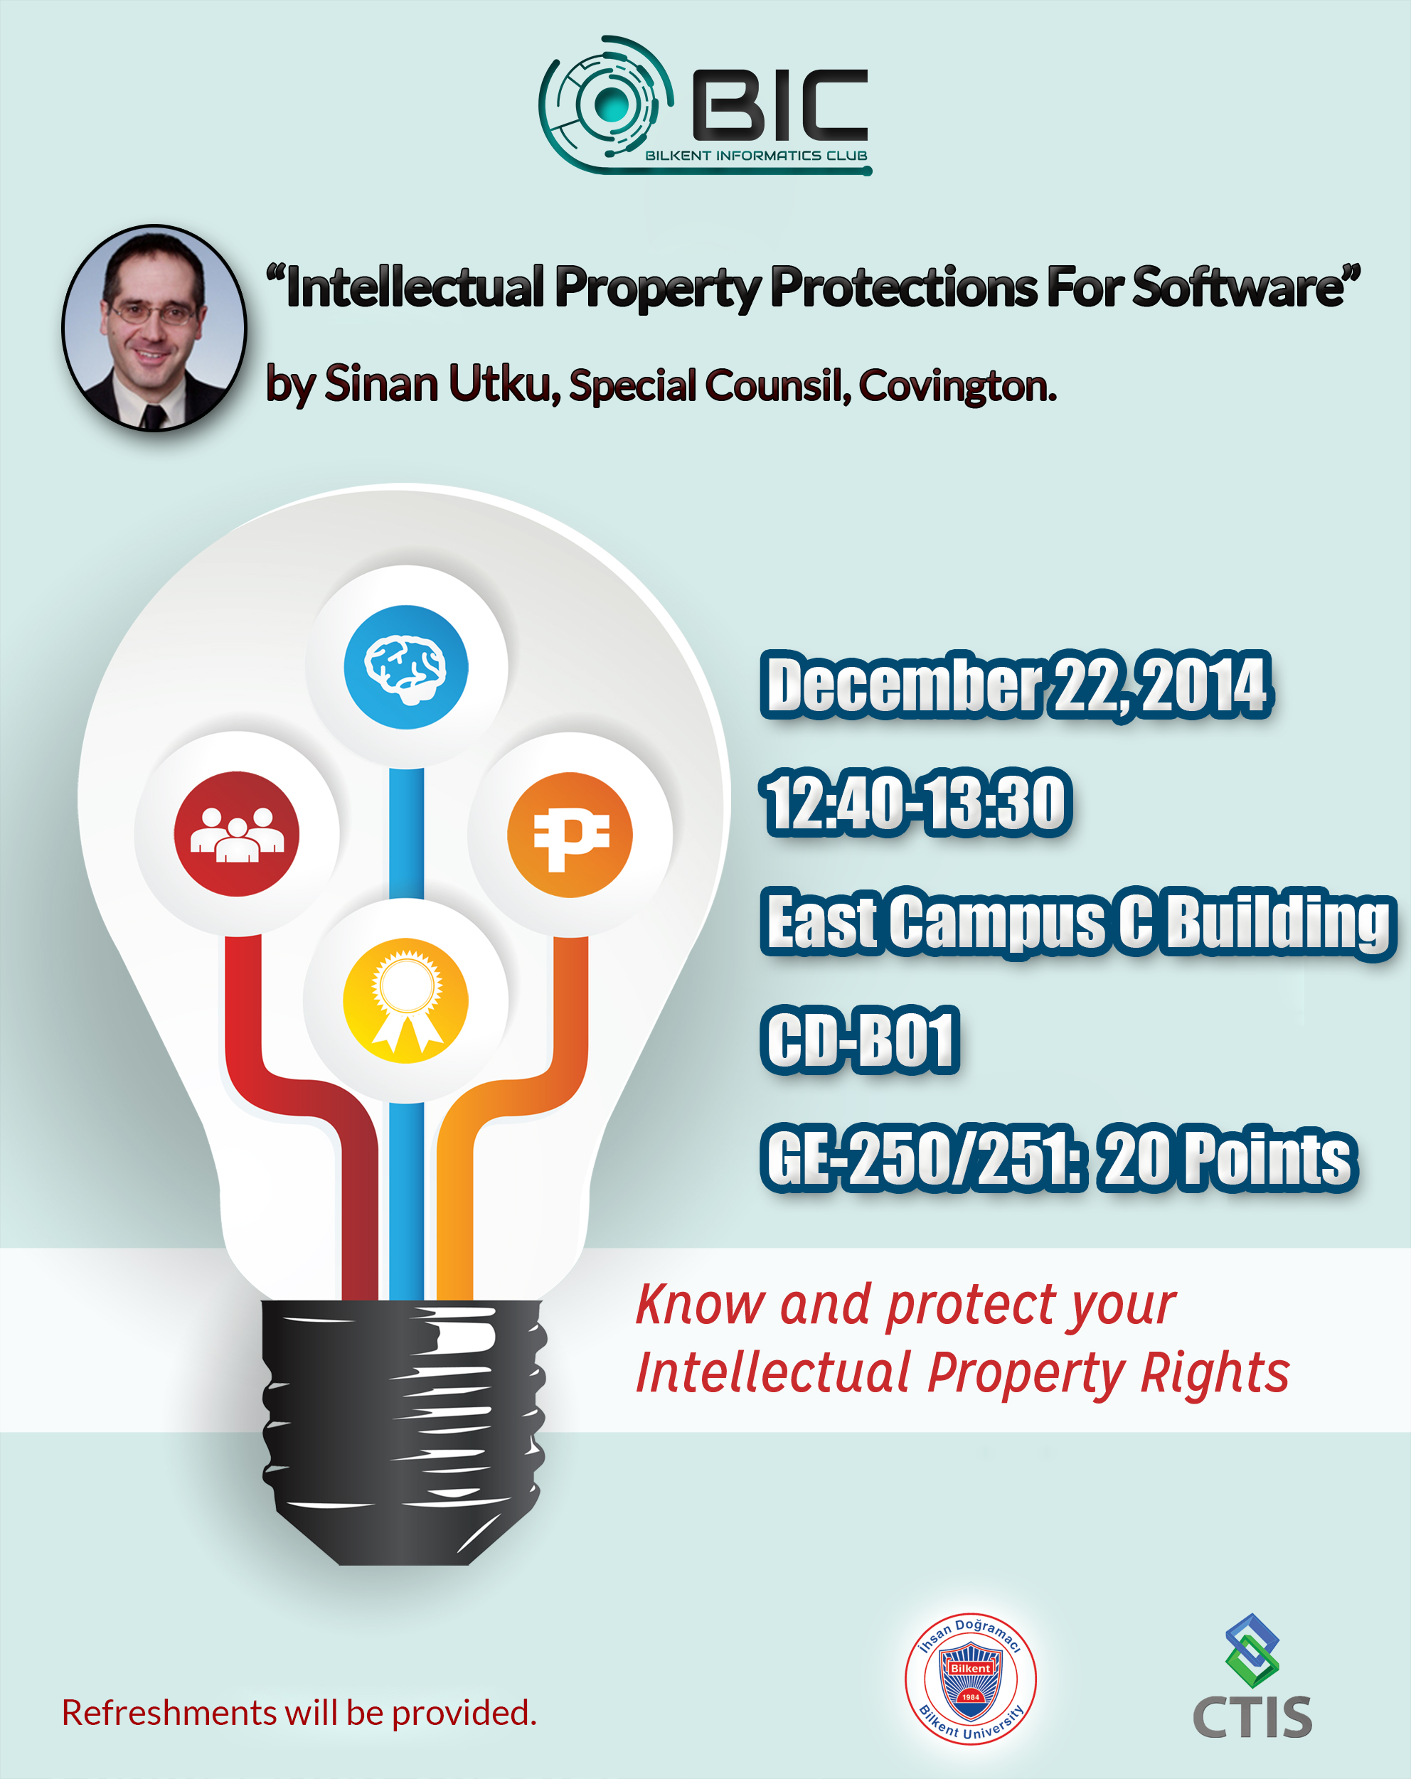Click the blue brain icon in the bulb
[x=406, y=667]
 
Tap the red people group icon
[x=237, y=833]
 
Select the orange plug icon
[x=570, y=834]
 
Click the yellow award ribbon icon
[x=405, y=1000]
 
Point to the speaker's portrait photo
[x=154, y=328]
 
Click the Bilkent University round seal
[x=970, y=1678]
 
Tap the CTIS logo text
[x=1252, y=1718]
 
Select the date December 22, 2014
[x=1016, y=683]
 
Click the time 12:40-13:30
[x=917, y=801]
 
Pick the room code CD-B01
[x=861, y=1039]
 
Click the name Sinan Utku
[x=438, y=384]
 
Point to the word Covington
[x=957, y=385]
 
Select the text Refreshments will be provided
[x=299, y=1713]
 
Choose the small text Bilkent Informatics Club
[x=756, y=155]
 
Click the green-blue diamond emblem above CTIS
[x=1252, y=1650]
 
